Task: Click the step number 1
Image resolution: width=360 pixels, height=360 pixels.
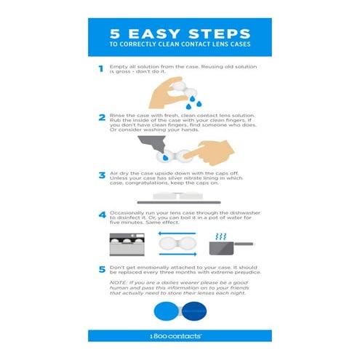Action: tap(100, 69)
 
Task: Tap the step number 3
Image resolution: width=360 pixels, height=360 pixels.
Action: tap(100, 175)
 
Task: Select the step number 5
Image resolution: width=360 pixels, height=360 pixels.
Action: tap(100, 269)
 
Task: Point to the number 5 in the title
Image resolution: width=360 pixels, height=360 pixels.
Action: tap(115, 33)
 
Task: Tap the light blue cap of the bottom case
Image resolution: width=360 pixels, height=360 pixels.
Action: tap(166, 310)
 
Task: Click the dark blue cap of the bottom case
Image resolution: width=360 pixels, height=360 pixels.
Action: tap(192, 310)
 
